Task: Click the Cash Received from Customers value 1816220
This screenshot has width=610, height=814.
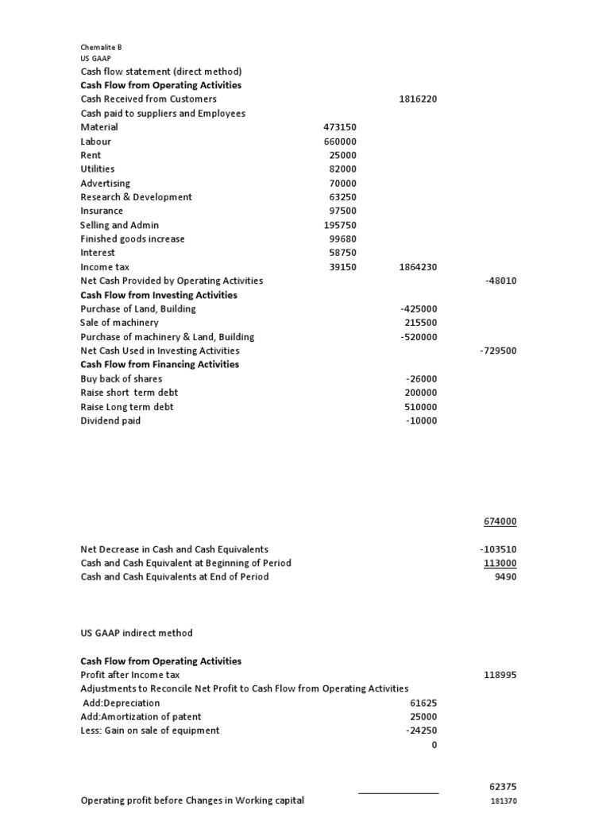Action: pos(418,99)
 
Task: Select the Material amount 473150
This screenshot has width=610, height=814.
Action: pos(340,127)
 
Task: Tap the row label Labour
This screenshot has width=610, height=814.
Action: pos(96,141)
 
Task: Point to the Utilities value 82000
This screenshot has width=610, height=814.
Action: pos(343,169)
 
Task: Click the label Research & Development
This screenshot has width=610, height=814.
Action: pos(136,197)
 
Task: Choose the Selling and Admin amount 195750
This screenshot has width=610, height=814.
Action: pos(340,225)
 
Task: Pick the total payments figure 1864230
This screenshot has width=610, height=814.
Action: pos(418,267)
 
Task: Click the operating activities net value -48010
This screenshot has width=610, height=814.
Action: pos(500,281)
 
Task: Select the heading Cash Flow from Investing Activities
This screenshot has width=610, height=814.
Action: pos(159,295)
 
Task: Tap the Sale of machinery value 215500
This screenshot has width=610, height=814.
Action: pos(420,323)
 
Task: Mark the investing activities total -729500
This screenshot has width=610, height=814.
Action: pos(498,351)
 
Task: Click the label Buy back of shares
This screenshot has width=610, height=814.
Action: pos(121,379)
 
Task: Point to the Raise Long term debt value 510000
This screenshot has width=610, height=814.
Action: pos(420,407)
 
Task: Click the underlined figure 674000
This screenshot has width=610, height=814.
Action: pos(500,521)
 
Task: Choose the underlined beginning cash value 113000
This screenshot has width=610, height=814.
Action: pos(500,563)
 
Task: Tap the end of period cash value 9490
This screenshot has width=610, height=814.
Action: pos(505,577)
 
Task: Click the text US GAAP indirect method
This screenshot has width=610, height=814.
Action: pos(137,633)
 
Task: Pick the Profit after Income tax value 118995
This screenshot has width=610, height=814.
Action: pos(500,675)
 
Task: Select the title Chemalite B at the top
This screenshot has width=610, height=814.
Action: pos(101,48)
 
